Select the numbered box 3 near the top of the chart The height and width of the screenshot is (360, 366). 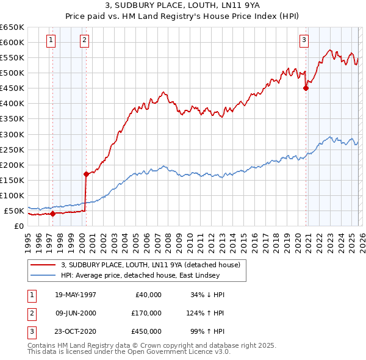(304, 41)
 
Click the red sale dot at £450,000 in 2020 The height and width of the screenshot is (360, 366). (306, 88)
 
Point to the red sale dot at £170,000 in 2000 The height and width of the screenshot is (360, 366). (86, 174)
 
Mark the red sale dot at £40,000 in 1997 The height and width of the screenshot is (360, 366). (53, 214)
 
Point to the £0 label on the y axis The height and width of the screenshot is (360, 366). (18, 226)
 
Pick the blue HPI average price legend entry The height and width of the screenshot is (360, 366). (143, 276)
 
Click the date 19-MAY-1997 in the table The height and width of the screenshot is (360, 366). (76, 294)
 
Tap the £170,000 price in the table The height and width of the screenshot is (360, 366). (146, 313)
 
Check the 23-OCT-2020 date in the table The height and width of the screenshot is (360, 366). (76, 332)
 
